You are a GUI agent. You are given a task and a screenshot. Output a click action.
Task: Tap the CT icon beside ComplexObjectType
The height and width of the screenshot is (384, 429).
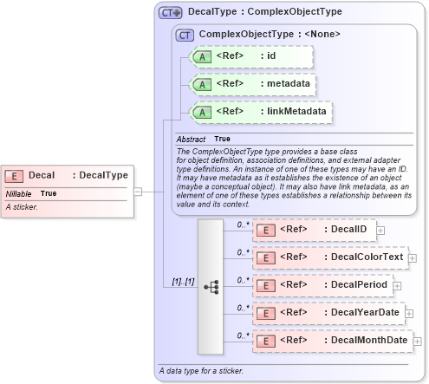(x=185, y=35)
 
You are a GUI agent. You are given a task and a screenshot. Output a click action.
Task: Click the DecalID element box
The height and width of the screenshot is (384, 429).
(x=314, y=230)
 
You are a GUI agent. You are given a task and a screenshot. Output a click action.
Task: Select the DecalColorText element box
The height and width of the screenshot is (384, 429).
(x=328, y=257)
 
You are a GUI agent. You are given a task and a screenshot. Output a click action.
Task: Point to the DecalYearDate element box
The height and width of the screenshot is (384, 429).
(x=328, y=312)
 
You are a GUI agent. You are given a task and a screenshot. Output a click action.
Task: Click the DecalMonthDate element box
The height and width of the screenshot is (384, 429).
(x=330, y=341)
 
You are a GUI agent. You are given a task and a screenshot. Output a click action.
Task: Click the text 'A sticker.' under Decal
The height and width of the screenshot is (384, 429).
(x=22, y=207)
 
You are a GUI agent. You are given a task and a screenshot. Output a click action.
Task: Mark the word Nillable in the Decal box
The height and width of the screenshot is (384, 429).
(x=19, y=193)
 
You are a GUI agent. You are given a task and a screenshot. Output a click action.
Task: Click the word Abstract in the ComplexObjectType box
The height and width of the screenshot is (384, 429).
(x=191, y=139)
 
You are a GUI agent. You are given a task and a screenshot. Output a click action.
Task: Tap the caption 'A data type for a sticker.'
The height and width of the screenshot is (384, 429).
(x=201, y=371)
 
